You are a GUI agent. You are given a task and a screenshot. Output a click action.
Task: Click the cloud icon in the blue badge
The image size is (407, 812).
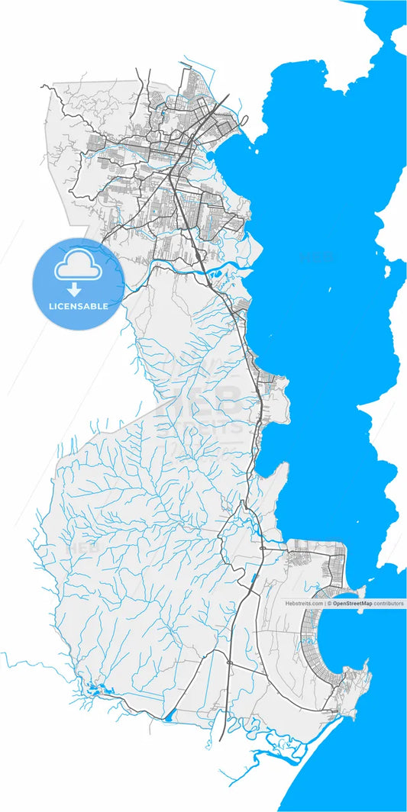78,267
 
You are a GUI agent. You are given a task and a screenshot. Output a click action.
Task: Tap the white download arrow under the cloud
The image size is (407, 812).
75,289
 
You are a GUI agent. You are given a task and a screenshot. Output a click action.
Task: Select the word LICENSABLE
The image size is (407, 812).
78,306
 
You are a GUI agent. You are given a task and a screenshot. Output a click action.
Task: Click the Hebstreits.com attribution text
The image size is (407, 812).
304,603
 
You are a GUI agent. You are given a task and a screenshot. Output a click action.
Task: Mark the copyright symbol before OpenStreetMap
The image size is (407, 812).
329,603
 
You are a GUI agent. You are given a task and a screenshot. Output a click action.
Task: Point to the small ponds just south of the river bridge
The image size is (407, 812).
216,271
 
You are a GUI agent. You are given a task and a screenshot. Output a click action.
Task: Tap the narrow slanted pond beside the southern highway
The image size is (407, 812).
253,588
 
